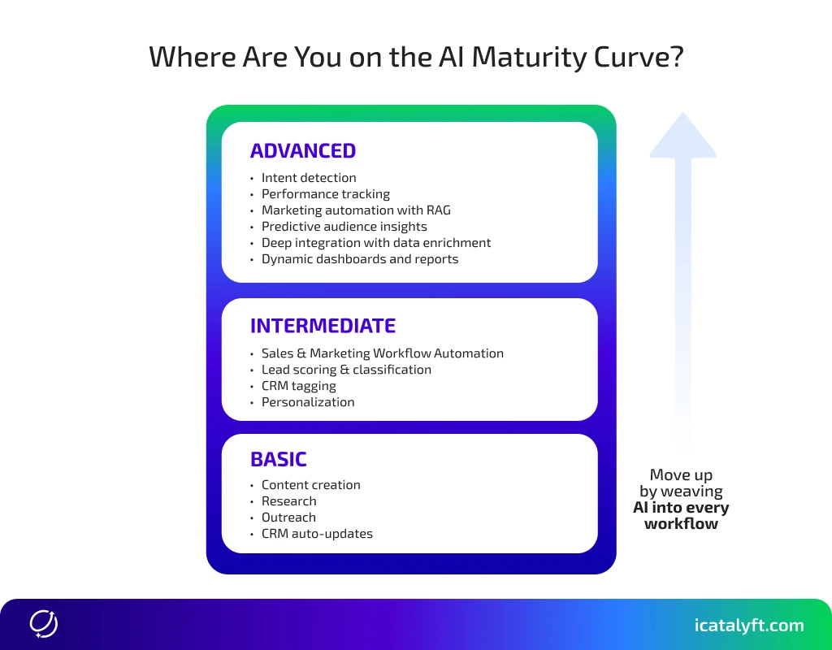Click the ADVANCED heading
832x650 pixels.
(x=303, y=151)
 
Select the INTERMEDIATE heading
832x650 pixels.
(x=323, y=326)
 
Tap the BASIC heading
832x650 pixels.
(x=279, y=459)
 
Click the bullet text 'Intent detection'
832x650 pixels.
(x=309, y=178)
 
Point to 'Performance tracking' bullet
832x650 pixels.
(x=325, y=194)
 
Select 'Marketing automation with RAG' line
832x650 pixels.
(x=356, y=210)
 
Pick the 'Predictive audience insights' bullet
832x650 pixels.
(x=344, y=227)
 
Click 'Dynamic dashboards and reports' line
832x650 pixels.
(x=360, y=259)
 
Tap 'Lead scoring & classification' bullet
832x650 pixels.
(x=346, y=370)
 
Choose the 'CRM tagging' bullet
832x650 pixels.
(x=298, y=386)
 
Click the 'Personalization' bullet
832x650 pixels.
(x=308, y=402)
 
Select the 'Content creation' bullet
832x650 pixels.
(x=310, y=485)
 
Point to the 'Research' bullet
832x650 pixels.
(x=288, y=501)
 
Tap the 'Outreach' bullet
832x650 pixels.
(x=288, y=518)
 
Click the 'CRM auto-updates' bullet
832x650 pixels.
(x=317, y=534)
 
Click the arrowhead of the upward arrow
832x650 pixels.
(x=682, y=136)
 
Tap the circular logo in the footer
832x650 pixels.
(x=44, y=624)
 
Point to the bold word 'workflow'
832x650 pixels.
(x=681, y=524)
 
